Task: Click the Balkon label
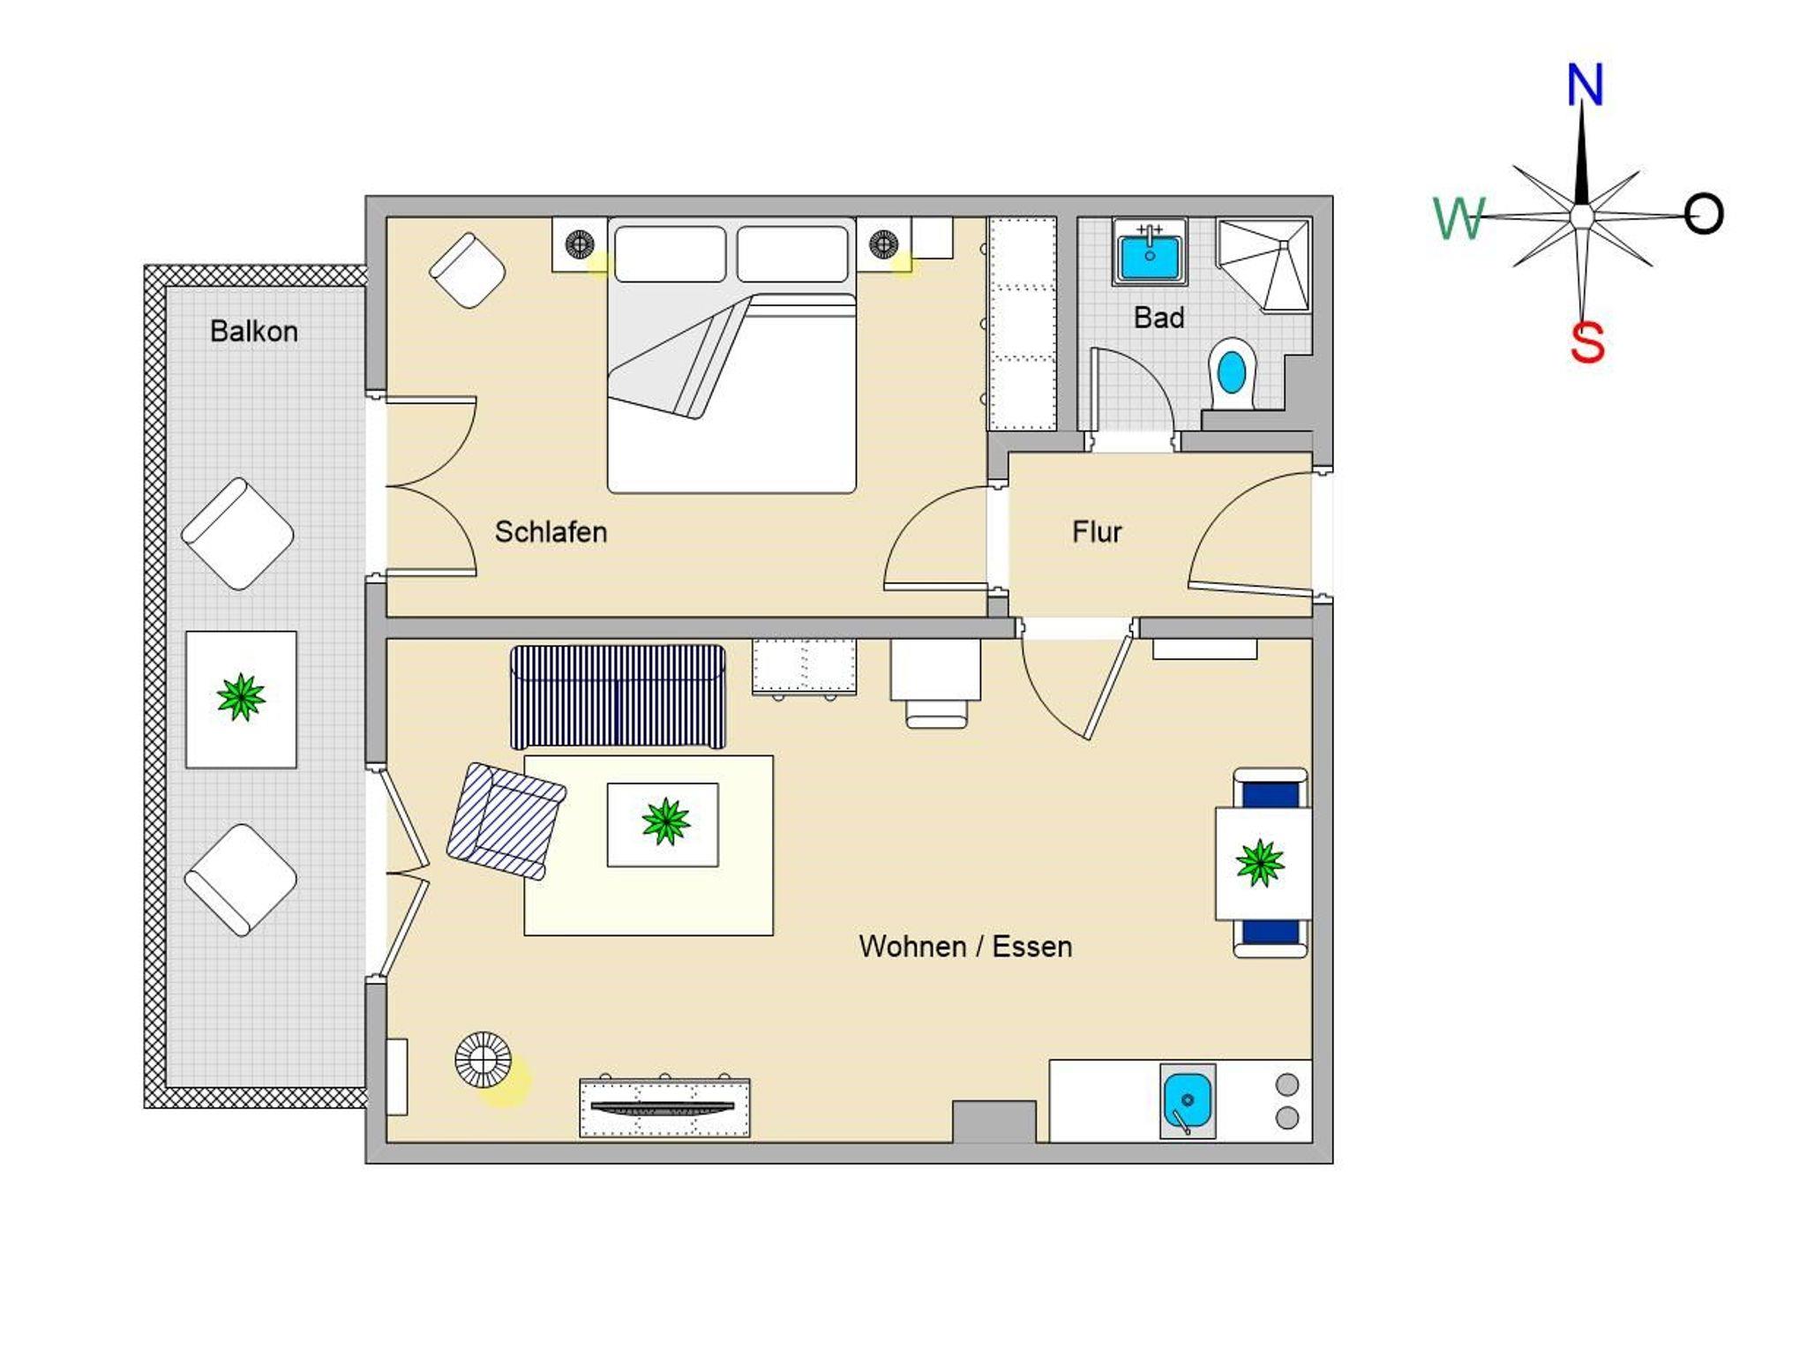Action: pyautogui.click(x=254, y=331)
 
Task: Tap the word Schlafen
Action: pyautogui.click(x=551, y=532)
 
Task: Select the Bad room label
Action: pyautogui.click(x=1158, y=318)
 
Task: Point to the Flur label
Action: pyautogui.click(x=1097, y=532)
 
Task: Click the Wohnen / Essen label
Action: pyautogui.click(x=966, y=947)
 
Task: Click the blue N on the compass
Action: pyautogui.click(x=1585, y=85)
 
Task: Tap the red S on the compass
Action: pyautogui.click(x=1587, y=342)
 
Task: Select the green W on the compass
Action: pyautogui.click(x=1458, y=219)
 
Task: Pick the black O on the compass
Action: pyautogui.click(x=1703, y=214)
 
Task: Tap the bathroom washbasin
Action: pyautogui.click(x=1150, y=251)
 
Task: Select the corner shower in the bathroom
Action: pyautogui.click(x=1263, y=264)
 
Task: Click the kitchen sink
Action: pyautogui.click(x=1188, y=1101)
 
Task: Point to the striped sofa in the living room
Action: pyautogui.click(x=619, y=697)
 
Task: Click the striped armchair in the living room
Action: pyautogui.click(x=506, y=821)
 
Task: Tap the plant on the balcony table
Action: pyautogui.click(x=241, y=697)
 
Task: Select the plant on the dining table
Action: pyautogui.click(x=1260, y=862)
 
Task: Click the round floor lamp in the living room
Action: pyautogui.click(x=483, y=1059)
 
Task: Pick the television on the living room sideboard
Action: pyautogui.click(x=662, y=1107)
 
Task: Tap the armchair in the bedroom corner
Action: pyautogui.click(x=468, y=270)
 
